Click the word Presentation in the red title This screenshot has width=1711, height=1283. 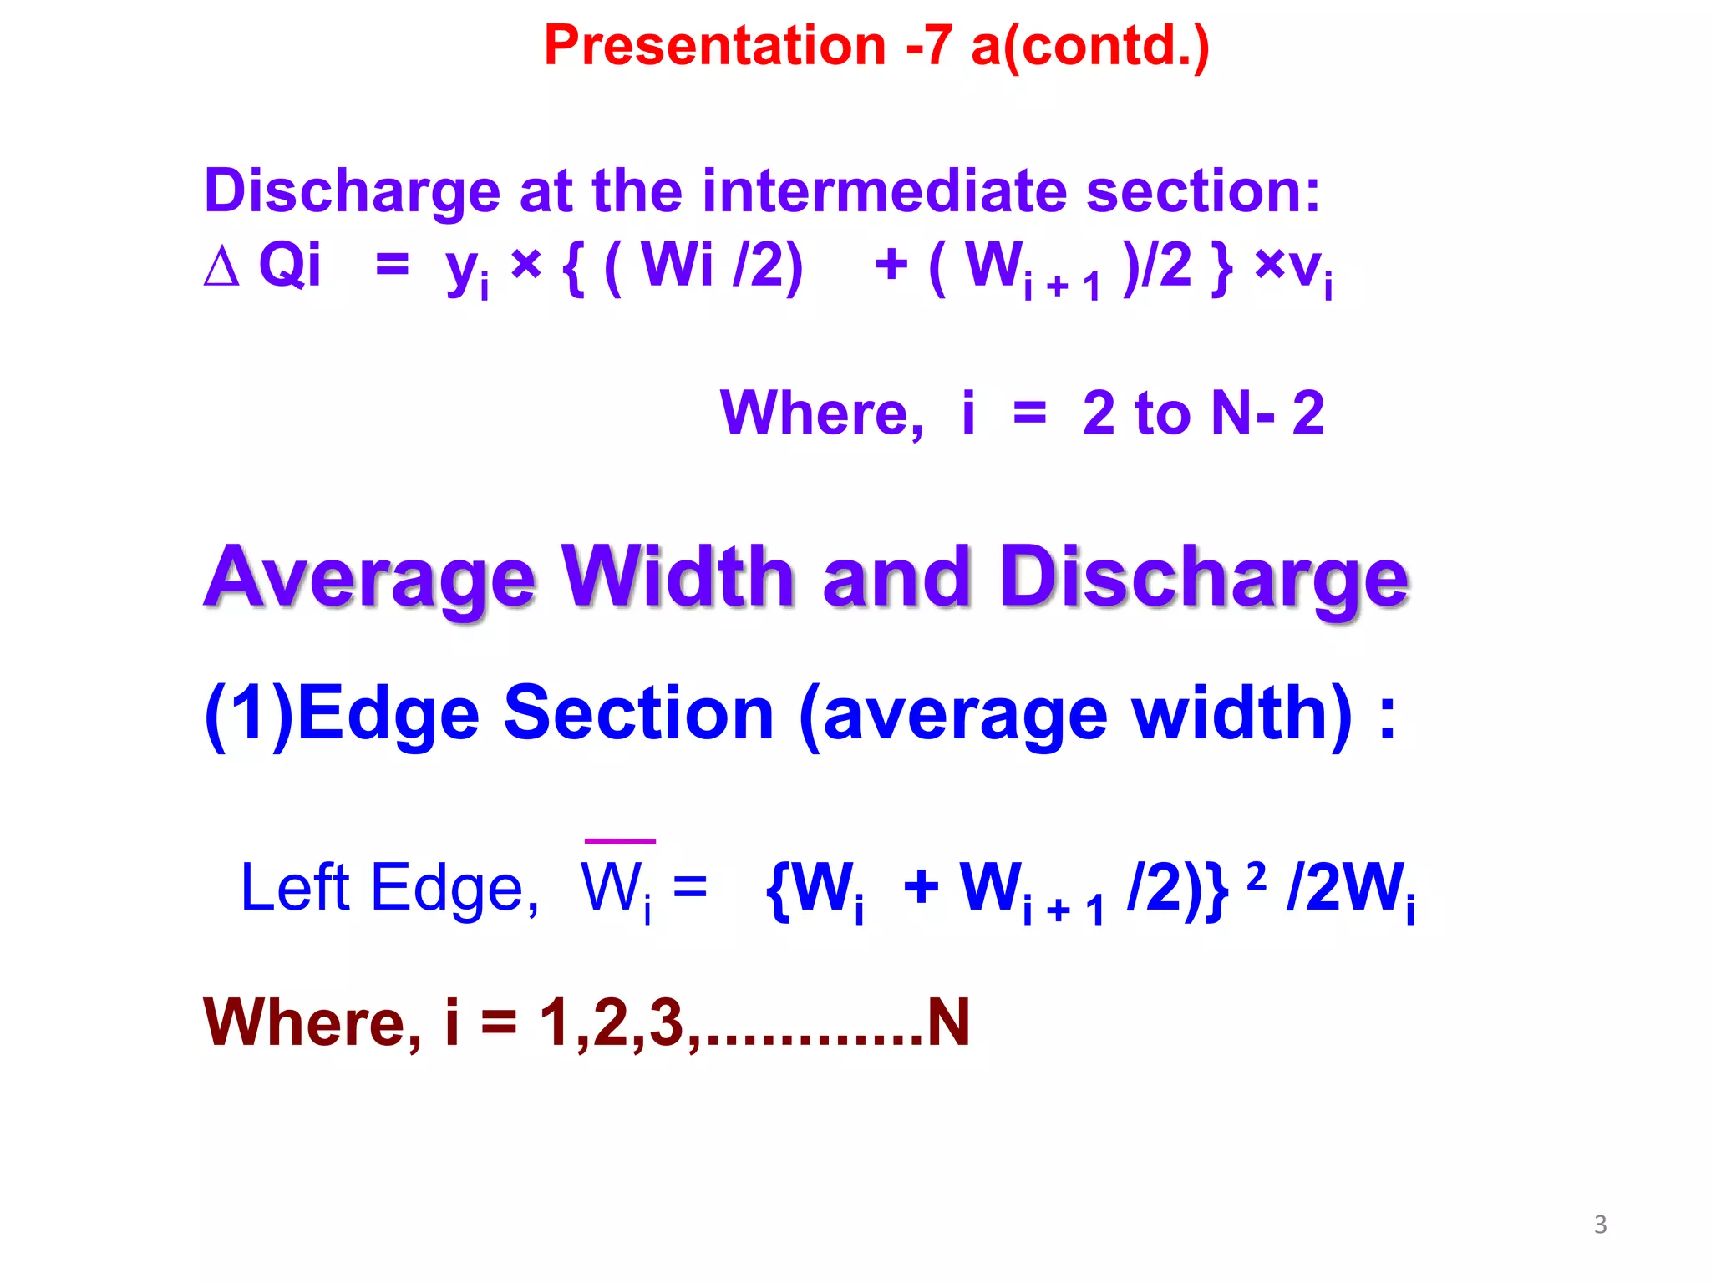point(714,45)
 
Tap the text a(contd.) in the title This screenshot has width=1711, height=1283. point(1090,45)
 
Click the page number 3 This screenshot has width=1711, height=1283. point(1600,1225)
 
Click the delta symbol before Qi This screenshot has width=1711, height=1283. point(221,267)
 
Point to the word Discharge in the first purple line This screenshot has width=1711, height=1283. point(352,192)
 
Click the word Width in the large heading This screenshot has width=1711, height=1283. point(678,576)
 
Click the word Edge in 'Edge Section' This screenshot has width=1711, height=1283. point(388,714)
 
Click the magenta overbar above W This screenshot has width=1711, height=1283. point(620,841)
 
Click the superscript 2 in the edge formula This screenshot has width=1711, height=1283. point(1256,876)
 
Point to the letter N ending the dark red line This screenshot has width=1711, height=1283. point(948,1022)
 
